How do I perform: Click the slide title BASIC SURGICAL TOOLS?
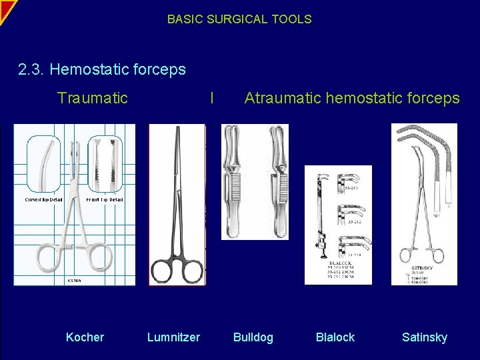239,19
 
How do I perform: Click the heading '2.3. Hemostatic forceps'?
102,69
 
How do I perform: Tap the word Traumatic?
93,99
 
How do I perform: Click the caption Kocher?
85,337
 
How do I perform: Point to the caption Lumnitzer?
173,337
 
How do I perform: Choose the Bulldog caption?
253,337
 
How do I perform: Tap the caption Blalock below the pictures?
335,337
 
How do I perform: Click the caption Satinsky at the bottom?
424,337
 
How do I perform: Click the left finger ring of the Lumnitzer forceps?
163,272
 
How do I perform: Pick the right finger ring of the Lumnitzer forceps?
190,272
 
